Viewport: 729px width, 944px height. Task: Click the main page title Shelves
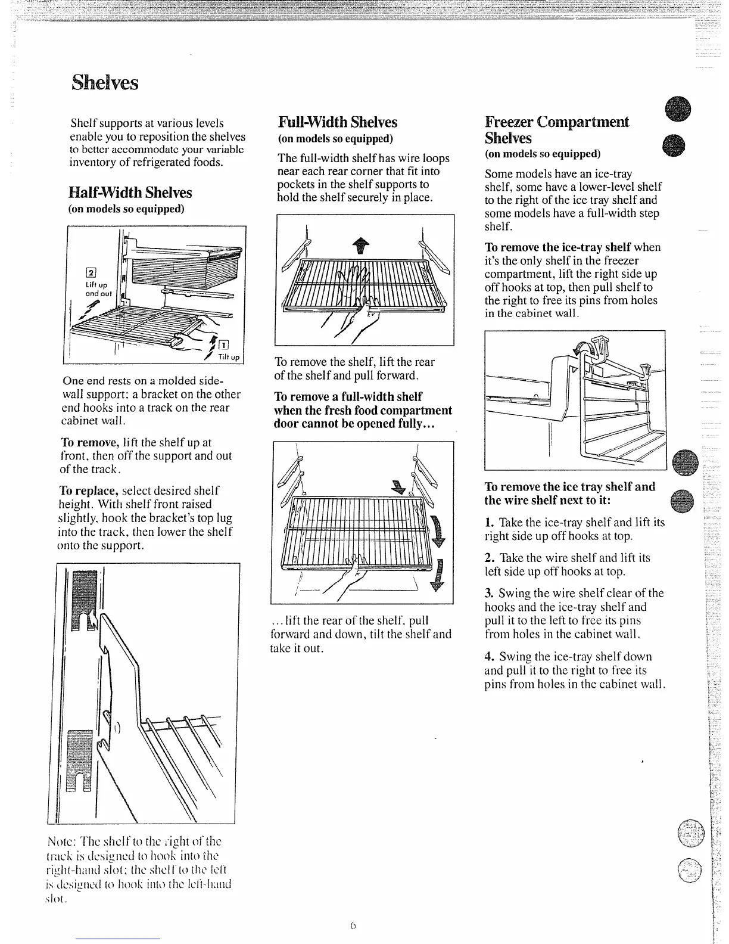[x=105, y=82]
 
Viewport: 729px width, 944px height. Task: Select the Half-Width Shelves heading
[x=130, y=192]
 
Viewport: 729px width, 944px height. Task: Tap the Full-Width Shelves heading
[x=337, y=122]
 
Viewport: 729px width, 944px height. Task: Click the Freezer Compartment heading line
[x=556, y=122]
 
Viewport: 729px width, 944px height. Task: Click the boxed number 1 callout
[x=223, y=344]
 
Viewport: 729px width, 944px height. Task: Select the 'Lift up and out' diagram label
[x=99, y=289]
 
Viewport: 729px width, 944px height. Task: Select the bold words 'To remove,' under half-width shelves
[x=91, y=442]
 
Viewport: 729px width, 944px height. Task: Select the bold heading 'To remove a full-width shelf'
[x=348, y=396]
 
